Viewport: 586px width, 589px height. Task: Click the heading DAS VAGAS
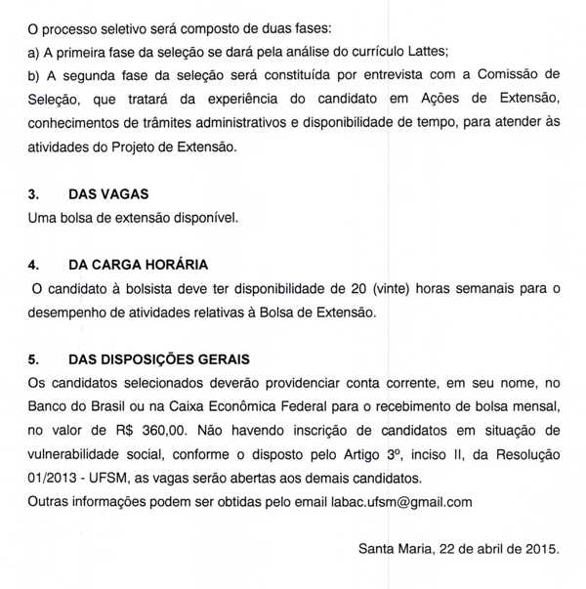[x=108, y=194]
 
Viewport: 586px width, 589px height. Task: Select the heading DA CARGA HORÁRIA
[x=139, y=265]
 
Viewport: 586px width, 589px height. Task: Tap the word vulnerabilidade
[x=86, y=453]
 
